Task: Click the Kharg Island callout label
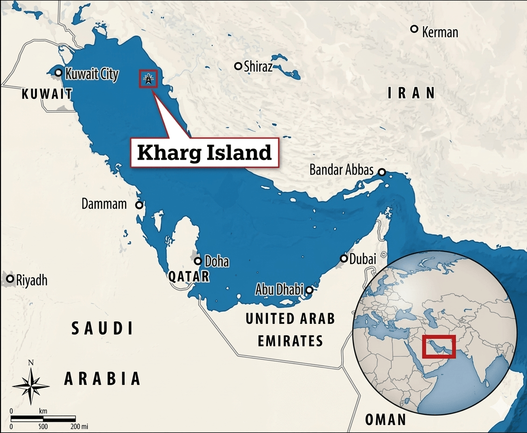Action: pos(204,153)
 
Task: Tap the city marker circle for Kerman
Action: pos(414,29)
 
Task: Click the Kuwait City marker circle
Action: pos(58,72)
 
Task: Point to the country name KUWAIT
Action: pos(47,94)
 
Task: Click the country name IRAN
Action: pos(411,93)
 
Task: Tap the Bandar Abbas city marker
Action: pos(382,172)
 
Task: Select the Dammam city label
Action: pos(104,204)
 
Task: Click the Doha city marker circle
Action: pos(198,261)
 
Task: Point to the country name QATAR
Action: pos(189,277)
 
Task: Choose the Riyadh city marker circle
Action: pos(10,279)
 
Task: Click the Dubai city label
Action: pos(363,258)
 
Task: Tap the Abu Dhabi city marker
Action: pos(309,290)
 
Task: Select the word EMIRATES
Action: pos(290,341)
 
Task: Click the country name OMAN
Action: pos(386,419)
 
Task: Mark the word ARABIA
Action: pos(102,378)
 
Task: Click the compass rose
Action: pos(31,385)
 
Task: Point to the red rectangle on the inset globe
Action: pos(438,346)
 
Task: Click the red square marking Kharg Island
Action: pos(148,79)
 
